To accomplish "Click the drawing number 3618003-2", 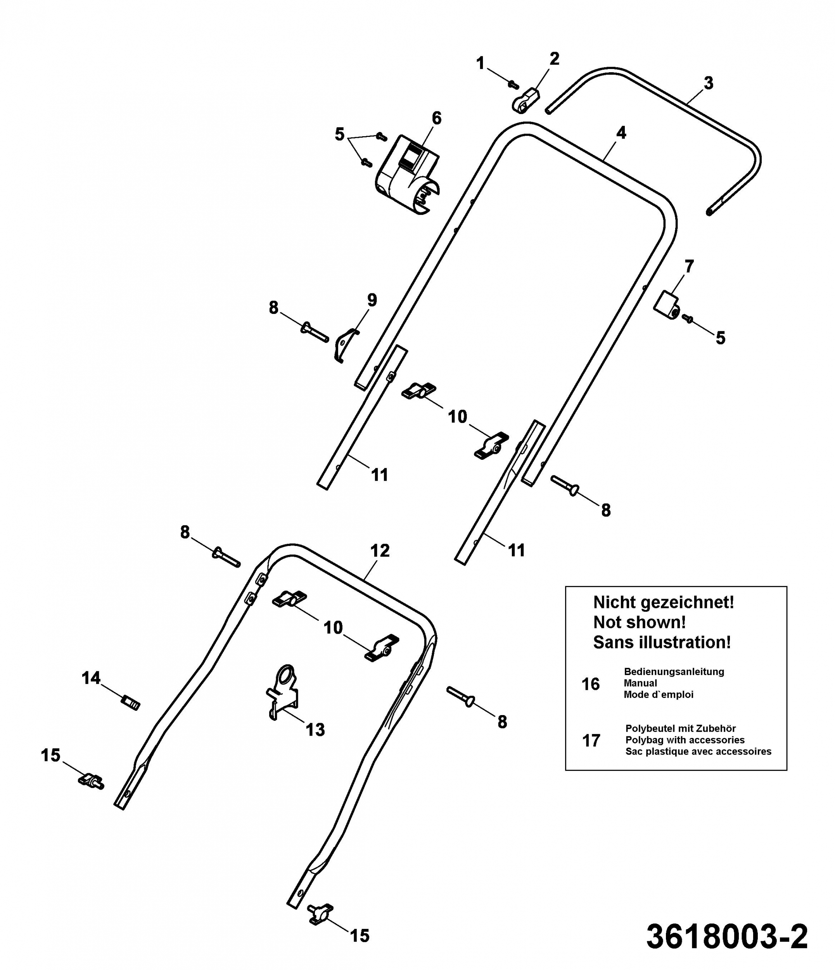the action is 727,936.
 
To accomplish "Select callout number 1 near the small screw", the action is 480,63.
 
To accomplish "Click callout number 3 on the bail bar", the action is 709,83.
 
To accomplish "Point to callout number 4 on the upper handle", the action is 621,133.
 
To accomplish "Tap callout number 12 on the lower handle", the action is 380,551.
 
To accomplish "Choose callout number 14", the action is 91,678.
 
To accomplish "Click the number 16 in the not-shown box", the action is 591,684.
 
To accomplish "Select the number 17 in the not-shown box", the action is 591,741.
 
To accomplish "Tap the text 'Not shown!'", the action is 640,623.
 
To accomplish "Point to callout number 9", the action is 372,300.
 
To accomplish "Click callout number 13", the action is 315,730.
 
